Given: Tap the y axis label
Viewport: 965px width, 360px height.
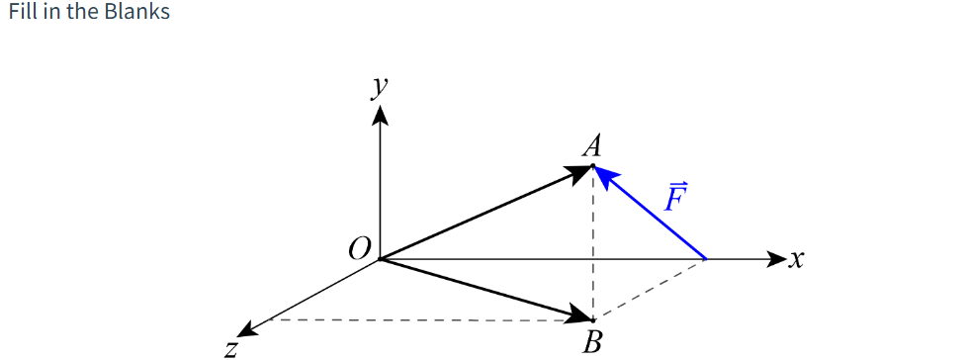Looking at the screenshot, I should (x=378, y=86).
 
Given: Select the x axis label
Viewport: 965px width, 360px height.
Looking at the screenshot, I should (x=797, y=260).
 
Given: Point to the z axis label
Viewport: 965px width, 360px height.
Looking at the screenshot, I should (x=230, y=347).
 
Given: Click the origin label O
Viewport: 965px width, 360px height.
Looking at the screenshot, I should (x=360, y=247).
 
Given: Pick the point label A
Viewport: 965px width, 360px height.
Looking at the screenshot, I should (x=592, y=147).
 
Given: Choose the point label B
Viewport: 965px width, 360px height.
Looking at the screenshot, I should (x=592, y=343).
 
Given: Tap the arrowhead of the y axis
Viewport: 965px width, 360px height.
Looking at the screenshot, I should (x=380, y=116).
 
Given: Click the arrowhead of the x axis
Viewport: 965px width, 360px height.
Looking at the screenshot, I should (x=776, y=259).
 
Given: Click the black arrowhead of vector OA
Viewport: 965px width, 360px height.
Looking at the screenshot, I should (x=579, y=173).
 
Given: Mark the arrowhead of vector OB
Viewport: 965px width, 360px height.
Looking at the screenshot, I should (x=579, y=315).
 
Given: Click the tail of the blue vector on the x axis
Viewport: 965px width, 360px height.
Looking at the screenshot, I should (x=705, y=259).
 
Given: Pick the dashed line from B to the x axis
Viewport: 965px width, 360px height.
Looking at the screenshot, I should (x=649, y=290).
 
